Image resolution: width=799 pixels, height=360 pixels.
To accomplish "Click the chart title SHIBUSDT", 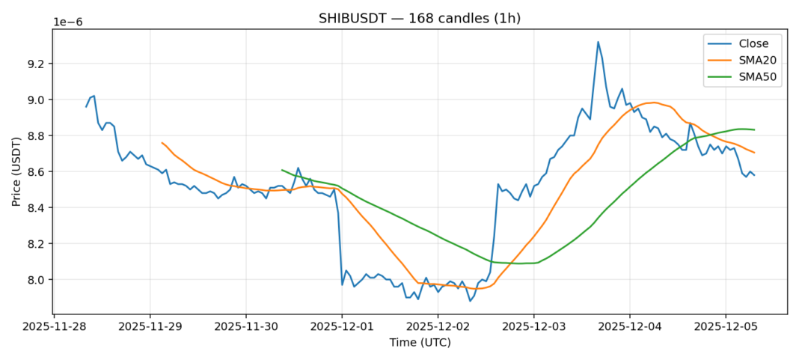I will point(420,18).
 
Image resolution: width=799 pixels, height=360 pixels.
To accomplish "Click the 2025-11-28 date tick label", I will point(54,327).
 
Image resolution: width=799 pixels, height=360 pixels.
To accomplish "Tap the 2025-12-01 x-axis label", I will point(342,327).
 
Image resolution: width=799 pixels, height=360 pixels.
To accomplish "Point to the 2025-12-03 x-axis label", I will point(533,327).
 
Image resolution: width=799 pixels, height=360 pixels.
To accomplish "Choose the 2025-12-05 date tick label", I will point(725,327).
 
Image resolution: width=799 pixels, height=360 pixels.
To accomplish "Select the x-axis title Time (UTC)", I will point(420,342).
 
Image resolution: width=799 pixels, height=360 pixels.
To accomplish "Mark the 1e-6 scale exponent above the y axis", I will point(67,22).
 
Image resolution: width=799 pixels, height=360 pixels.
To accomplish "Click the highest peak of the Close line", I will point(598,42).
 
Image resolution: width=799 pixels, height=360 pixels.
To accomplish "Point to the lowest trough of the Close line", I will point(470,301).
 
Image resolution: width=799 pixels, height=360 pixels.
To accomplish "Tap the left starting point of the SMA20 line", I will point(162,142).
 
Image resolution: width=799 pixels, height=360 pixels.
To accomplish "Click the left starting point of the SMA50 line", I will point(281,170).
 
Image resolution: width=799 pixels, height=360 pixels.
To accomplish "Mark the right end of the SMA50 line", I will point(754,129).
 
